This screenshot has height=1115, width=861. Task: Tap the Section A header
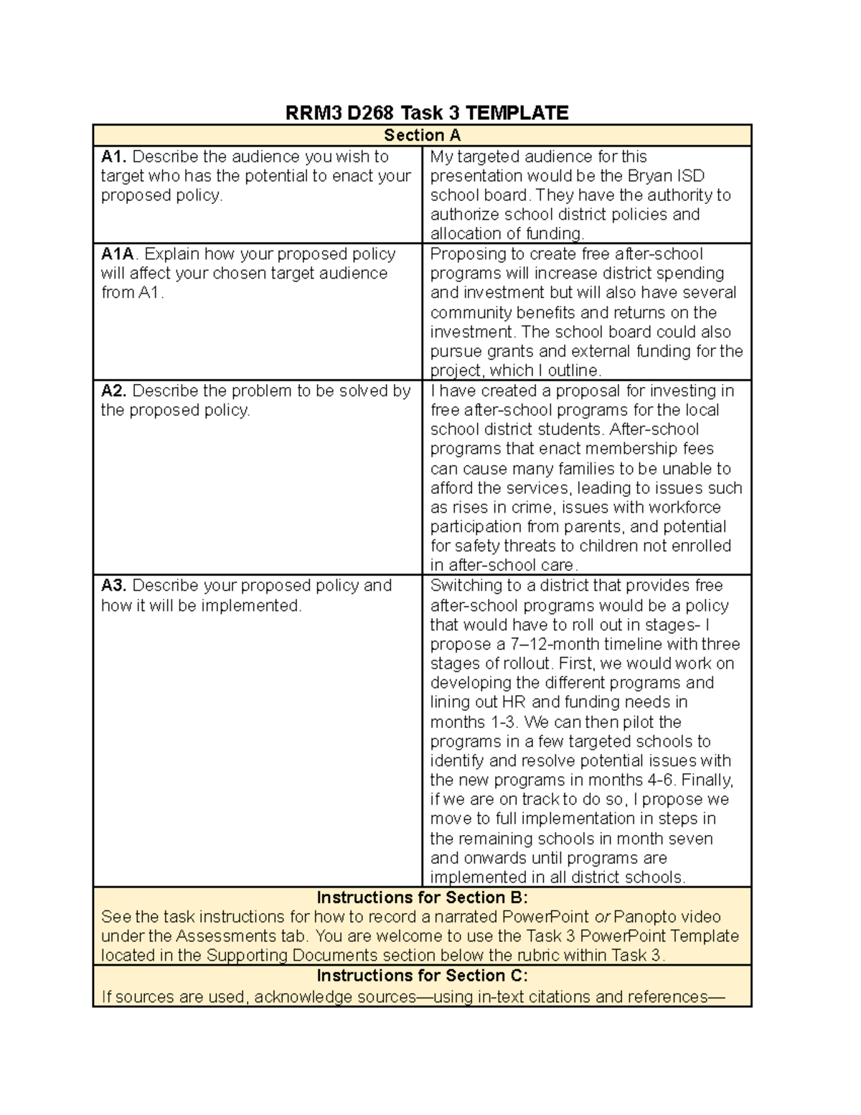click(422, 135)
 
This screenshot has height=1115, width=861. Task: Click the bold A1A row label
click(118, 254)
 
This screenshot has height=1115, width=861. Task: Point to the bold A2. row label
click(113, 391)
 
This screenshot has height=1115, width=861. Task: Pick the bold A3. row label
click(113, 585)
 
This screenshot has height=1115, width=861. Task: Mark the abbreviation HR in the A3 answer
click(514, 702)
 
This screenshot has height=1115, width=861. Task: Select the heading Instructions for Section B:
click(422, 897)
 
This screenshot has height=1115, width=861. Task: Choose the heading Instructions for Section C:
click(422, 976)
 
